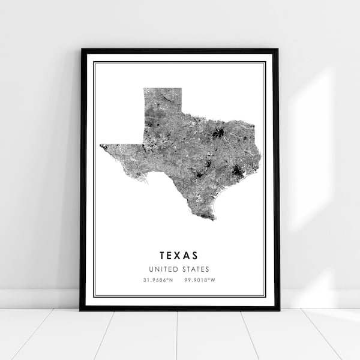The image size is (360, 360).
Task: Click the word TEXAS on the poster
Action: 179,256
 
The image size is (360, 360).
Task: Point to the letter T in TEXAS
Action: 163,256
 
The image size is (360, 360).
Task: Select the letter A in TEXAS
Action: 188,256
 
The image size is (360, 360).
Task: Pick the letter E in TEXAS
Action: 171,256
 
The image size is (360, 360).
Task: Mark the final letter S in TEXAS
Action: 196,256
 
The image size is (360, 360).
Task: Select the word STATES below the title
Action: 196,269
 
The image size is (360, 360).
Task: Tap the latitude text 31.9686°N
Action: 157,281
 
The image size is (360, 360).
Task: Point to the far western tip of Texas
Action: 101,145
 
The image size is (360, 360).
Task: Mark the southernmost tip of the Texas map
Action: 213,218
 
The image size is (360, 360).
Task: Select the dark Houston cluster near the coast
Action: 238,172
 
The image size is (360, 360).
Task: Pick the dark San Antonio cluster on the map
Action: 199,175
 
